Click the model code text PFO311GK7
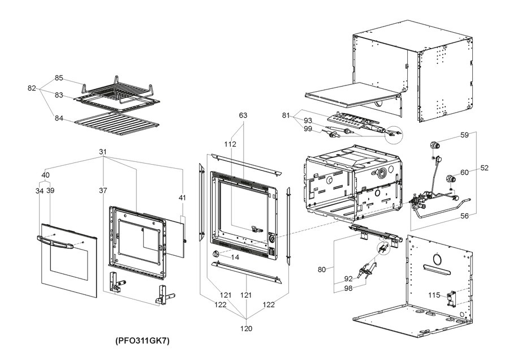tap(143, 341)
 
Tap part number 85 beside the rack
tap(59, 78)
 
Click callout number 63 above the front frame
tap(243, 115)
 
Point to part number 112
tap(230, 144)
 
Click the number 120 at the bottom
tap(247, 328)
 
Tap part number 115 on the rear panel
tap(434, 295)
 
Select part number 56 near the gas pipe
tap(464, 216)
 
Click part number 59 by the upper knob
tap(464, 135)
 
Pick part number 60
tap(464, 172)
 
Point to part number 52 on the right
tap(485, 168)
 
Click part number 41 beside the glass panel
tap(182, 198)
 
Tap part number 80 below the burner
tap(321, 269)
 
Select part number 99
tap(308, 129)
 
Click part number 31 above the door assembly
tap(102, 152)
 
